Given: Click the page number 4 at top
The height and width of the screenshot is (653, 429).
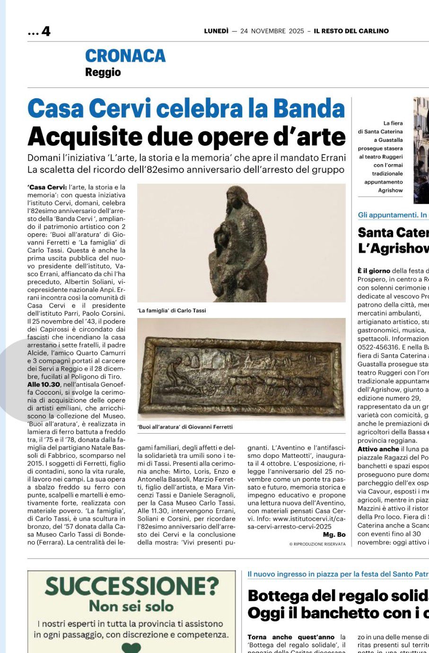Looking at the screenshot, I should coord(45,31).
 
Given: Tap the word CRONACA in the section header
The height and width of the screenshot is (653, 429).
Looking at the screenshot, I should coord(125,56).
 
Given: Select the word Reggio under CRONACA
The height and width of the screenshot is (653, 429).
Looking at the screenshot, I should coord(103,72).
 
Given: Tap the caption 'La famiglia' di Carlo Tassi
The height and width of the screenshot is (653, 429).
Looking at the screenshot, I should coord(172,310).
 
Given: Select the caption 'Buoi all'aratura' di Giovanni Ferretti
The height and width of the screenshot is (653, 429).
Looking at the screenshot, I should coord(185,427).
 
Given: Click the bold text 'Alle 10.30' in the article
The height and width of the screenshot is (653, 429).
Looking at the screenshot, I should coord(44,385).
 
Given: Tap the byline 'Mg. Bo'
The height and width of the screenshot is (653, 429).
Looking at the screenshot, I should coord(334,534).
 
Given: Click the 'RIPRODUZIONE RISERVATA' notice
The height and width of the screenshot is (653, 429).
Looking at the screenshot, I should coord(317,544).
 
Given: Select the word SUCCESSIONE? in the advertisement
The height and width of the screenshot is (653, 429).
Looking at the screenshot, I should coord(132,587).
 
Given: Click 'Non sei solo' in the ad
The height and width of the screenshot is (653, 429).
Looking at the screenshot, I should coord(131,606).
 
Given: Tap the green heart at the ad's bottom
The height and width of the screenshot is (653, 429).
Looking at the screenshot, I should coord(131,648).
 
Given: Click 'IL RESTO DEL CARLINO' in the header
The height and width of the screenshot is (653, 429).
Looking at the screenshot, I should coord(351,31).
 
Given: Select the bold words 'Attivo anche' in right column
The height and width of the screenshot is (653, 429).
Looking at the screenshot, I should coord(378,449).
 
